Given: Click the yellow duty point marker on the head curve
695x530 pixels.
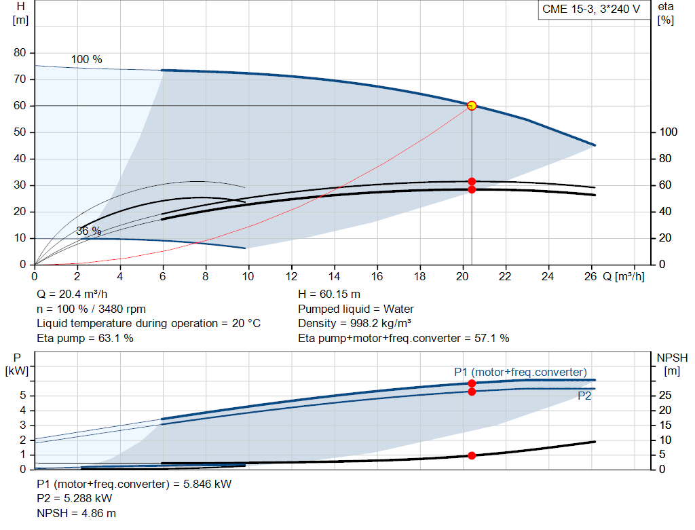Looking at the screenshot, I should [472, 105].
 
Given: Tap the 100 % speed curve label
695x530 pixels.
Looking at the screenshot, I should [87, 60].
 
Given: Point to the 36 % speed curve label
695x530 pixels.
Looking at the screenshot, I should [88, 231].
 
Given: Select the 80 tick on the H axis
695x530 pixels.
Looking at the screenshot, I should [20, 53].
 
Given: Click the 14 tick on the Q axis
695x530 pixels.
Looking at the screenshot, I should [334, 277].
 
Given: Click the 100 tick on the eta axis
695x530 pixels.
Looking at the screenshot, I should [668, 132].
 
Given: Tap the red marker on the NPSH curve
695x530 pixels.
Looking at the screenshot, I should [472, 455].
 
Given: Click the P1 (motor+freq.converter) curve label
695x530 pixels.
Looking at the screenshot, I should [520, 372].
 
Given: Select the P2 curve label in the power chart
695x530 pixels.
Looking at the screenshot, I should [584, 396].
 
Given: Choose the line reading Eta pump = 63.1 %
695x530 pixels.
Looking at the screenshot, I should [85, 338].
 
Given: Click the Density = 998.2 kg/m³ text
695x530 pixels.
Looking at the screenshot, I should [355, 324].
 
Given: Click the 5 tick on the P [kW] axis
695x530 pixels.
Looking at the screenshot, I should [23, 396].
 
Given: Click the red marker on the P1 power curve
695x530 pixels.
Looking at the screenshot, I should [472, 383].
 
